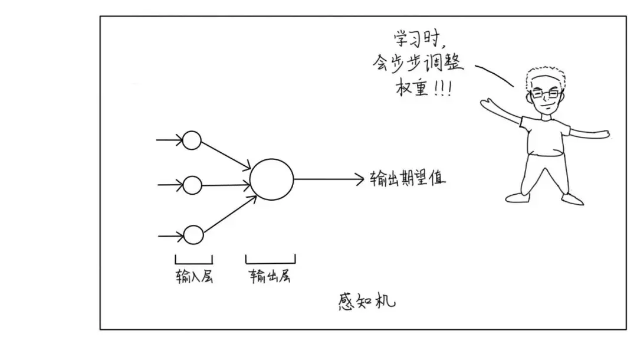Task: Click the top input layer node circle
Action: [x=192, y=140]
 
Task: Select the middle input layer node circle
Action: [x=192, y=185]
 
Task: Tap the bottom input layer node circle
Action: [x=193, y=235]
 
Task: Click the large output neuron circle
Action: [x=271, y=179]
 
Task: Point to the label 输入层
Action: [x=193, y=276]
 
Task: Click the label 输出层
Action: [x=270, y=276]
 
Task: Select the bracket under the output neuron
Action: [x=271, y=260]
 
